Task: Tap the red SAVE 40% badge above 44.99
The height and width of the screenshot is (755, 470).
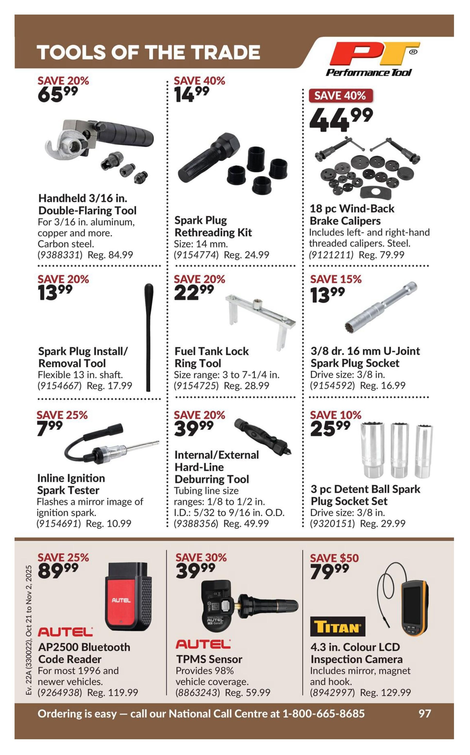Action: point(340,96)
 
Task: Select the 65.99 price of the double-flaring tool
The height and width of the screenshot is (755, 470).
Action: point(58,94)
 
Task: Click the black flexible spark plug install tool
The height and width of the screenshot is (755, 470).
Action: point(149,337)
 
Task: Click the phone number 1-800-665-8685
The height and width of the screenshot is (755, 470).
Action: point(323,713)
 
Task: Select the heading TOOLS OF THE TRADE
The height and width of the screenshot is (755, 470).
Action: point(148,52)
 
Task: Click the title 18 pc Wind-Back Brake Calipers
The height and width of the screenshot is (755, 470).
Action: point(352,215)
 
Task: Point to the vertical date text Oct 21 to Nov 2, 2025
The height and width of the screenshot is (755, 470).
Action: point(29,601)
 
